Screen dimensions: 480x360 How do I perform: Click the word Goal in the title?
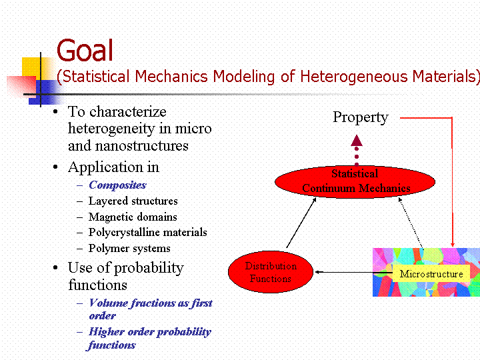[x=85, y=50]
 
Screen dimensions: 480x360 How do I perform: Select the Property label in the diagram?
[x=361, y=117]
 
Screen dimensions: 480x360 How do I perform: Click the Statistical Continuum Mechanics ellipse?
[x=355, y=182]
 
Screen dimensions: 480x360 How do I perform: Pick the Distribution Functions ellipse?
[x=271, y=272]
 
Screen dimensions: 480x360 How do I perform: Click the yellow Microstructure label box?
[x=431, y=274]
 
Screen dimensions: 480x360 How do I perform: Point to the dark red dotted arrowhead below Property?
[x=357, y=141]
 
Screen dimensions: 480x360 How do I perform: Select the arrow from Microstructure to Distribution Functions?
[x=353, y=272]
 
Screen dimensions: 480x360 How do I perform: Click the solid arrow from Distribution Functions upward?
[x=301, y=223]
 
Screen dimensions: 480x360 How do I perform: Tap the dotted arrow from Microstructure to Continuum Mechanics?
[x=411, y=223]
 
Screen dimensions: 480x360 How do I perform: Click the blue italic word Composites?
[x=117, y=185]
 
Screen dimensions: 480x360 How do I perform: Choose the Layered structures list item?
[x=133, y=201]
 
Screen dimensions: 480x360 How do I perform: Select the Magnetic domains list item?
[x=133, y=217]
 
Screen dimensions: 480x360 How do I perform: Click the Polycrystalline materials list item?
[x=147, y=233]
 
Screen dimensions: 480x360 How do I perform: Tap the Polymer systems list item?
[x=129, y=248]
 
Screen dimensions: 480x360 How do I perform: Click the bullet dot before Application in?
[x=55, y=167]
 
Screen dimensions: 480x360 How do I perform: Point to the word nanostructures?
[x=142, y=146]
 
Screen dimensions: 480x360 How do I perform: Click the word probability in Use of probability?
[x=149, y=269]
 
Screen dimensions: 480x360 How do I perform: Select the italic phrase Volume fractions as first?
[x=151, y=303]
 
